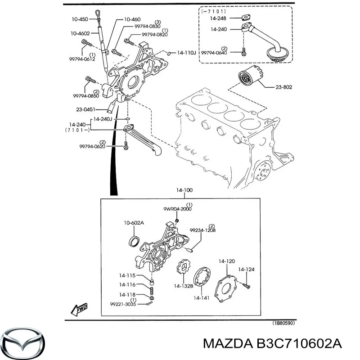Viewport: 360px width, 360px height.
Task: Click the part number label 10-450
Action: [x=81, y=20]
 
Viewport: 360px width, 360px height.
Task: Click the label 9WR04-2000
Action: [x=176, y=209]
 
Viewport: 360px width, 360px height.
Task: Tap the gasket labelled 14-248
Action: [x=245, y=19]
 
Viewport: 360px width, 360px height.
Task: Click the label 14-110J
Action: [x=186, y=53]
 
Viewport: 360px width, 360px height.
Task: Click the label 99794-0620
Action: [x=93, y=147]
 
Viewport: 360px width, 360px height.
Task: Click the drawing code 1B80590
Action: [x=284, y=323]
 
